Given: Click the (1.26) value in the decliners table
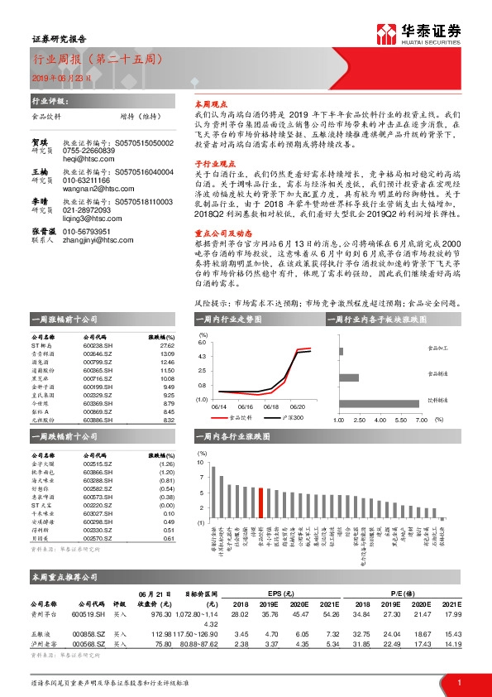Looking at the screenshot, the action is [x=167, y=464].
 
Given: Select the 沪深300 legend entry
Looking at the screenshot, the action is [x=291, y=418].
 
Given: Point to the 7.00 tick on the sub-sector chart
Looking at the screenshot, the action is [x=420, y=420].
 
